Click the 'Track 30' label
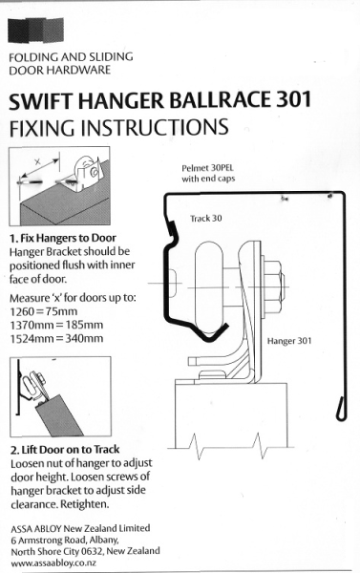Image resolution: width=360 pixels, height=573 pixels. pyautogui.click(x=205, y=218)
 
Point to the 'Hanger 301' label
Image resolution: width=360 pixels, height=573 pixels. pyautogui.click(x=289, y=341)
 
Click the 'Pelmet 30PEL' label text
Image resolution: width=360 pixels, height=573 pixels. pyautogui.click(x=207, y=168)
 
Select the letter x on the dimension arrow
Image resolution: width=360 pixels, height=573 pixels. pyautogui.click(x=37, y=162)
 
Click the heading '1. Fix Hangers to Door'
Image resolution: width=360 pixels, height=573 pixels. pyautogui.click(x=63, y=238)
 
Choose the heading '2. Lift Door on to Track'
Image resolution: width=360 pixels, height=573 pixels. pyautogui.click(x=65, y=450)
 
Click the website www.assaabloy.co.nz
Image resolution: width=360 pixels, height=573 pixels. pyautogui.click(x=53, y=562)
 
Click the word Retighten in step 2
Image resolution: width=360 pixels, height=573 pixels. pyautogui.click(x=84, y=504)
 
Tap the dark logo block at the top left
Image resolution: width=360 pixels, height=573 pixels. pyautogui.click(x=36, y=30)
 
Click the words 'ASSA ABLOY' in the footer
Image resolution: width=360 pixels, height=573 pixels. pyautogui.click(x=36, y=529)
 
